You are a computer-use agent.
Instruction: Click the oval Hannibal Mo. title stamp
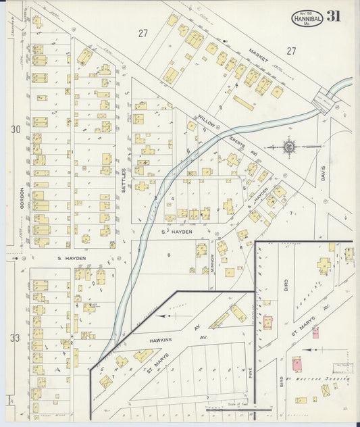click(x=307, y=19)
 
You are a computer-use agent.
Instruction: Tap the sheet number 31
click(x=333, y=17)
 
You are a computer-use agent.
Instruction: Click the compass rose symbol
click(x=288, y=145)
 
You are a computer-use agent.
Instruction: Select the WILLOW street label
click(x=205, y=122)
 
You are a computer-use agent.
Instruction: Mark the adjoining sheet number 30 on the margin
click(x=16, y=128)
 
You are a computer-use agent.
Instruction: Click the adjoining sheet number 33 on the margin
click(x=16, y=336)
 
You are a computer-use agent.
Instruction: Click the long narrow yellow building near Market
click(x=243, y=103)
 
